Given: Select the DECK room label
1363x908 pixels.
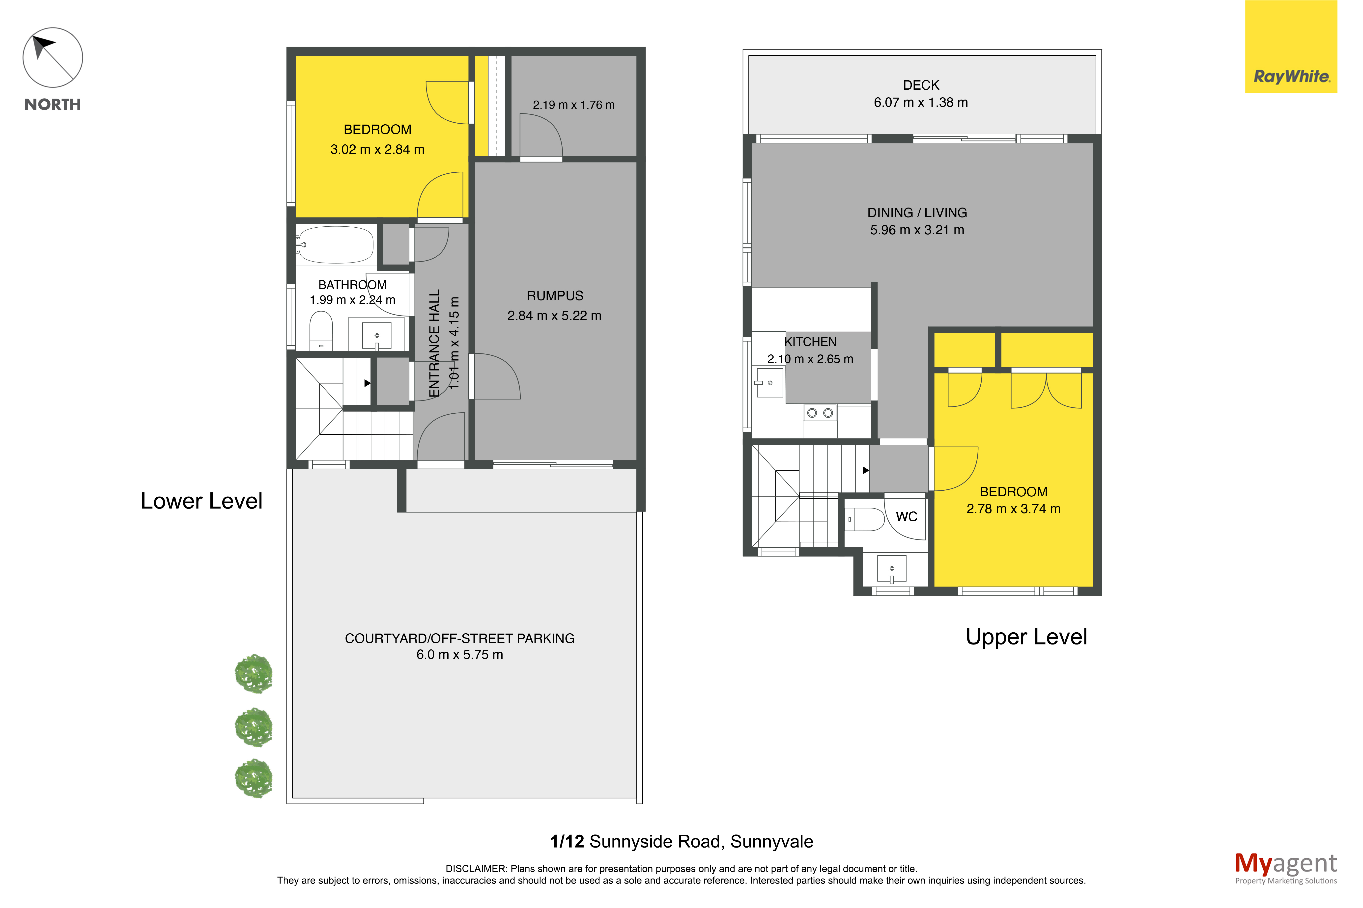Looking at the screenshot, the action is (x=921, y=85).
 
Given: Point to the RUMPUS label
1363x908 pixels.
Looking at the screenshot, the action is (x=555, y=296).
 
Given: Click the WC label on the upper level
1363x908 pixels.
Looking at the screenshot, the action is (x=907, y=517).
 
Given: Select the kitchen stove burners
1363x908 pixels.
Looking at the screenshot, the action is (x=820, y=413).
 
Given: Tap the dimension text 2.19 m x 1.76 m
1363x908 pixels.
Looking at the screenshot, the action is (x=573, y=105).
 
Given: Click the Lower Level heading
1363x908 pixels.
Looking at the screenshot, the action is (x=201, y=501).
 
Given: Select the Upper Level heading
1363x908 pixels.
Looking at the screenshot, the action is (x=1026, y=637).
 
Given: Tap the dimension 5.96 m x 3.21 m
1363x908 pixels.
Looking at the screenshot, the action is (x=917, y=230).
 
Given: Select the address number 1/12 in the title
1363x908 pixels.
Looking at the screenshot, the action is (x=567, y=841).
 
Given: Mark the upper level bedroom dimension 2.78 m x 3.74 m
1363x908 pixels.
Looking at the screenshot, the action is (x=1013, y=509).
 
